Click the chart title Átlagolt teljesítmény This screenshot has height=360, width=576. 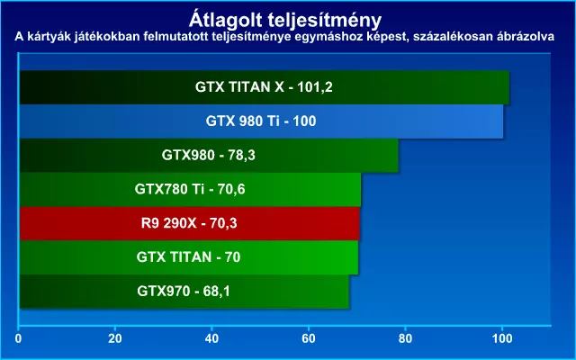285,21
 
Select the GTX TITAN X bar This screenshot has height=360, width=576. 265,87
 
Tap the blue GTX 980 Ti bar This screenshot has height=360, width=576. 262,121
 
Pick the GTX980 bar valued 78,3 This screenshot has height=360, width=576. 209,156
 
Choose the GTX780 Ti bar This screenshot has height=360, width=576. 190,190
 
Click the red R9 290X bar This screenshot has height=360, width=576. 190,223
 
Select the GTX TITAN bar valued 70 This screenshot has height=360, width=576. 189,257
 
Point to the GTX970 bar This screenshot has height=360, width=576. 184,292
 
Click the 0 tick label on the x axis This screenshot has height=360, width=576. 18,338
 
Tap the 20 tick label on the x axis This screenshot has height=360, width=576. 115,338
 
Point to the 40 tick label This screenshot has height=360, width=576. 211,338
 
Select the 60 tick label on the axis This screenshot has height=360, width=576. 309,338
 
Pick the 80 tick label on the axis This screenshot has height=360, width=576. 405,338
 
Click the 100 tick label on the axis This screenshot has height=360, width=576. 502,338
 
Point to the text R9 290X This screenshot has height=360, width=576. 169,223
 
